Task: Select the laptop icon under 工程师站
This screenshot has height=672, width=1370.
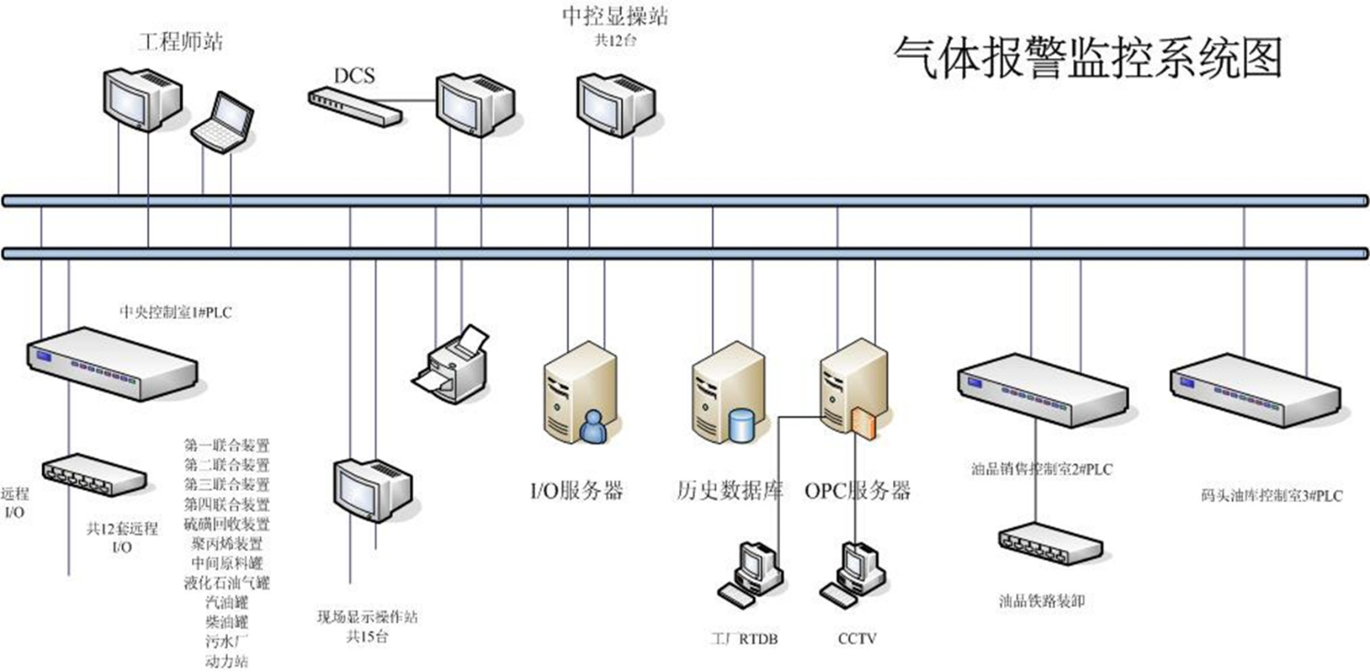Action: click(x=222, y=120)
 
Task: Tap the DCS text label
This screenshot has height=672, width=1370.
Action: click(x=354, y=74)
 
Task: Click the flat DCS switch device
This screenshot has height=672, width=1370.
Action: click(x=355, y=105)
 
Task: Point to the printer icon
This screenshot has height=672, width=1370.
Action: click(x=451, y=359)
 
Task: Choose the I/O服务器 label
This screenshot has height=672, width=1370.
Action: click(x=576, y=490)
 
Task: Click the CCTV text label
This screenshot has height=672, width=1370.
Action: click(x=856, y=636)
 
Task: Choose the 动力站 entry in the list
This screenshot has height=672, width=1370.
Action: click(x=227, y=661)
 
